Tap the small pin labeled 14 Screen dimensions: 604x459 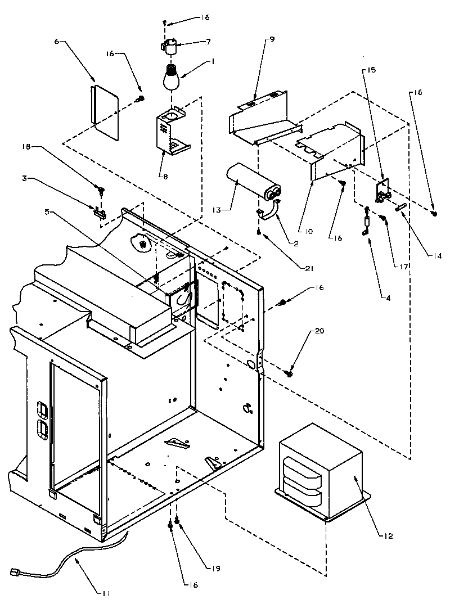pos(400,209)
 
